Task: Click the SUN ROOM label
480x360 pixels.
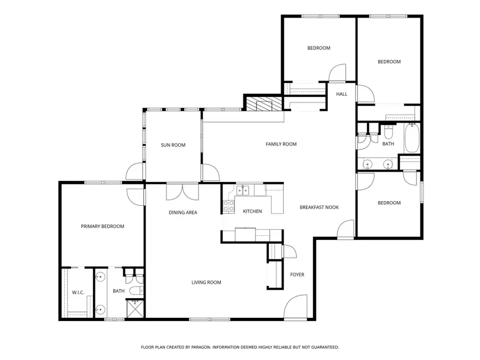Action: click(173, 145)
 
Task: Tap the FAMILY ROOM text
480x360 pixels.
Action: click(281, 144)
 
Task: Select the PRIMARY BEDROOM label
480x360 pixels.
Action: click(102, 226)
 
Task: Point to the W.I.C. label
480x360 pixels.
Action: click(78, 292)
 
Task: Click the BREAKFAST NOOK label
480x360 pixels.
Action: click(319, 207)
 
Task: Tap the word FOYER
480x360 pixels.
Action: click(297, 275)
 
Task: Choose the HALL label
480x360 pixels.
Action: click(341, 94)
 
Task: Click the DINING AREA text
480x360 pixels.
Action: click(183, 212)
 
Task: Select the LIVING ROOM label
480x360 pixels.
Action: click(206, 282)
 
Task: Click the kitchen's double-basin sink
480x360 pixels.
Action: click(243, 189)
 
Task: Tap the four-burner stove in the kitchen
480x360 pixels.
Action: click(228, 206)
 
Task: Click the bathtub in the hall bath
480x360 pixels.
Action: click(411, 138)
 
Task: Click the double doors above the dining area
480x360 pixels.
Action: click(183, 190)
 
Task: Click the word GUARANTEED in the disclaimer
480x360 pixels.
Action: click(321, 347)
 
